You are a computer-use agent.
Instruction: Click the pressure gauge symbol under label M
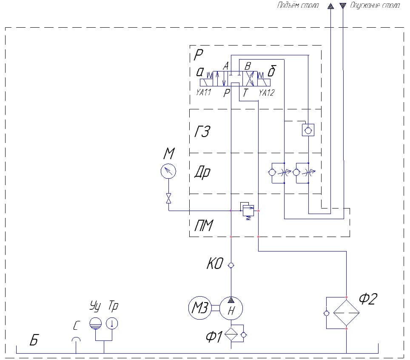pyautogui.click(x=168, y=171)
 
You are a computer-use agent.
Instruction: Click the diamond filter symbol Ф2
pyautogui.click(x=347, y=313)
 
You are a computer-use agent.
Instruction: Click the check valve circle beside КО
pyautogui.click(x=231, y=265)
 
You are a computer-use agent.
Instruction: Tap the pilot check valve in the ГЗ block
pyautogui.click(x=307, y=129)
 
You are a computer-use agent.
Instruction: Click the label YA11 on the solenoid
pyautogui.click(x=204, y=93)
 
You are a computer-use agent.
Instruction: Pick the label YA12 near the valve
pyautogui.click(x=266, y=93)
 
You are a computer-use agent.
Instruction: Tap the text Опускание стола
pyautogui.click(x=374, y=6)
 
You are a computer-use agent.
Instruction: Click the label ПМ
pyautogui.click(x=204, y=226)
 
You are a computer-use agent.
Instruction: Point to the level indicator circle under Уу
pyautogui.click(x=95, y=323)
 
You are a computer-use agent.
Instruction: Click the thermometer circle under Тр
pyautogui.click(x=112, y=323)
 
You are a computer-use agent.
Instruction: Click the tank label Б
pyautogui.click(x=34, y=340)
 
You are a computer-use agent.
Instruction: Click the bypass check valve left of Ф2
pyautogui.click(x=326, y=313)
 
